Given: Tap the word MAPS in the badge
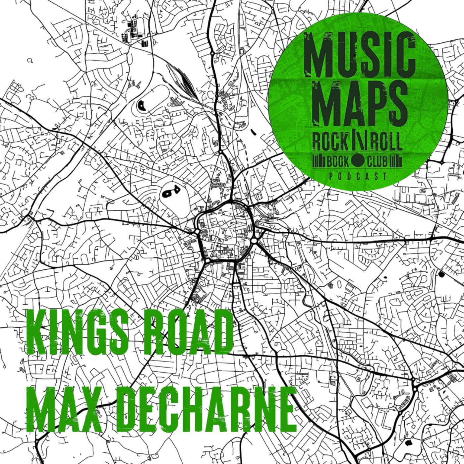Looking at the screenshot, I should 360,101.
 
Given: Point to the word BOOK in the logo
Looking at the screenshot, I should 338,162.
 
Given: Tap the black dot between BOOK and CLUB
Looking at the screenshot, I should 358,161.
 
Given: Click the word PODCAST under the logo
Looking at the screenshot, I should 358,176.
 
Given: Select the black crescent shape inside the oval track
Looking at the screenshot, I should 142,105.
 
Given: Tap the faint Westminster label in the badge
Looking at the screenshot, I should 312,126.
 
